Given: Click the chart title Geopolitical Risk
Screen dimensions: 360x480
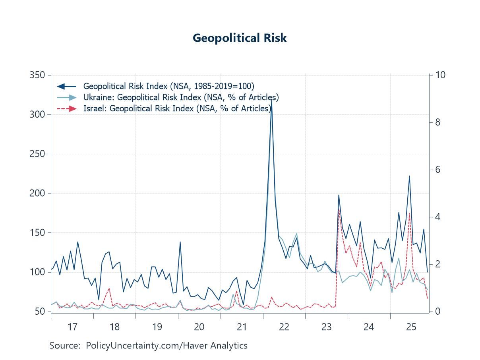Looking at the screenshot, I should point(240,38).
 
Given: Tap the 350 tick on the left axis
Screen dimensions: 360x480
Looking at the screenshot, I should point(37,75).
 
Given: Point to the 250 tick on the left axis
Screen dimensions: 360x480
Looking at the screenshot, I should point(37,154).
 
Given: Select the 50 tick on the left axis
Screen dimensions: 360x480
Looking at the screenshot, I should point(40,312).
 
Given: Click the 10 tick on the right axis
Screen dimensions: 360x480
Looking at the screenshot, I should point(440,75).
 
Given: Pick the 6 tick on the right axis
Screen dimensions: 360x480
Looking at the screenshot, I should point(437,170).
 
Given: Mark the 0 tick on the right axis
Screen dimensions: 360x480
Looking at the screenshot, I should point(437,312).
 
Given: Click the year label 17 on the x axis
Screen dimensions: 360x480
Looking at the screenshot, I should point(72,327).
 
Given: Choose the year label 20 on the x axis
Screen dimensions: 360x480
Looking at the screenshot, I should point(199,327).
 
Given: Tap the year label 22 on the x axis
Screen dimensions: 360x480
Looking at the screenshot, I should point(284,327).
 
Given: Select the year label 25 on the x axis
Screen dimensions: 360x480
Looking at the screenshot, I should point(411,327).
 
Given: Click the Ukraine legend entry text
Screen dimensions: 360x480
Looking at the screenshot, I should point(181,97).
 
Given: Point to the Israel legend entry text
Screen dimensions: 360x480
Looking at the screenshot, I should point(177,108).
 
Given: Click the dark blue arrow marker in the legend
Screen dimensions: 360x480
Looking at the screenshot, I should point(66,86).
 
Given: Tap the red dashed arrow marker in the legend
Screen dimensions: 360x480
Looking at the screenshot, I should point(66,108).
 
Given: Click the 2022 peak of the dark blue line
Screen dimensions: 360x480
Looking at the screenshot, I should point(271,100).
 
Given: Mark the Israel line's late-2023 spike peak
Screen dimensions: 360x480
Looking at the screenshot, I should point(339,209).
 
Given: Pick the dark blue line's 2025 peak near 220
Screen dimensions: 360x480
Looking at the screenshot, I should point(409,176).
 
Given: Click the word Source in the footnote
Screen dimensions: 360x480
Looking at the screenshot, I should point(64,346).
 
